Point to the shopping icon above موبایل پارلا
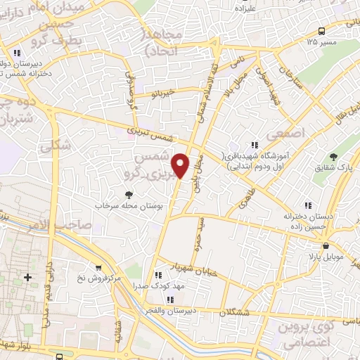coord(326,245)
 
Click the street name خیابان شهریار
coord(185,269)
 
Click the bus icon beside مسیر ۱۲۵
coord(321,30)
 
